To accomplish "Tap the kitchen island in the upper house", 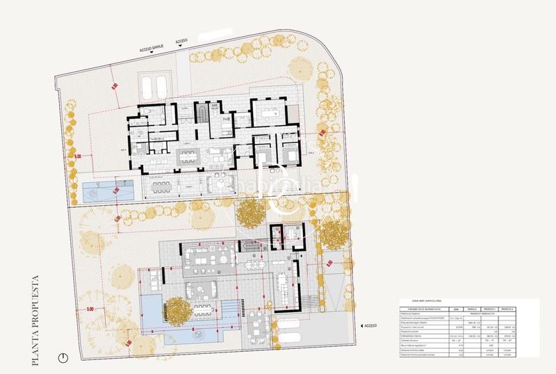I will (x=186, y=154).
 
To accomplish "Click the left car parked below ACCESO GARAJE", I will (x=148, y=87).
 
